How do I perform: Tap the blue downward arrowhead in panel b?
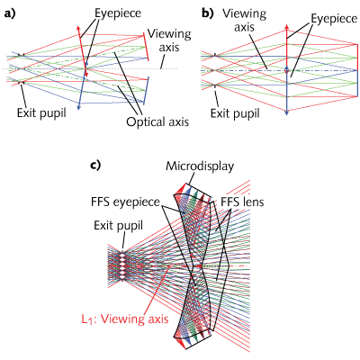pyautogui.click(x=286, y=109)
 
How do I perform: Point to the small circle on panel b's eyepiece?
pyautogui.click(x=286, y=69)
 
